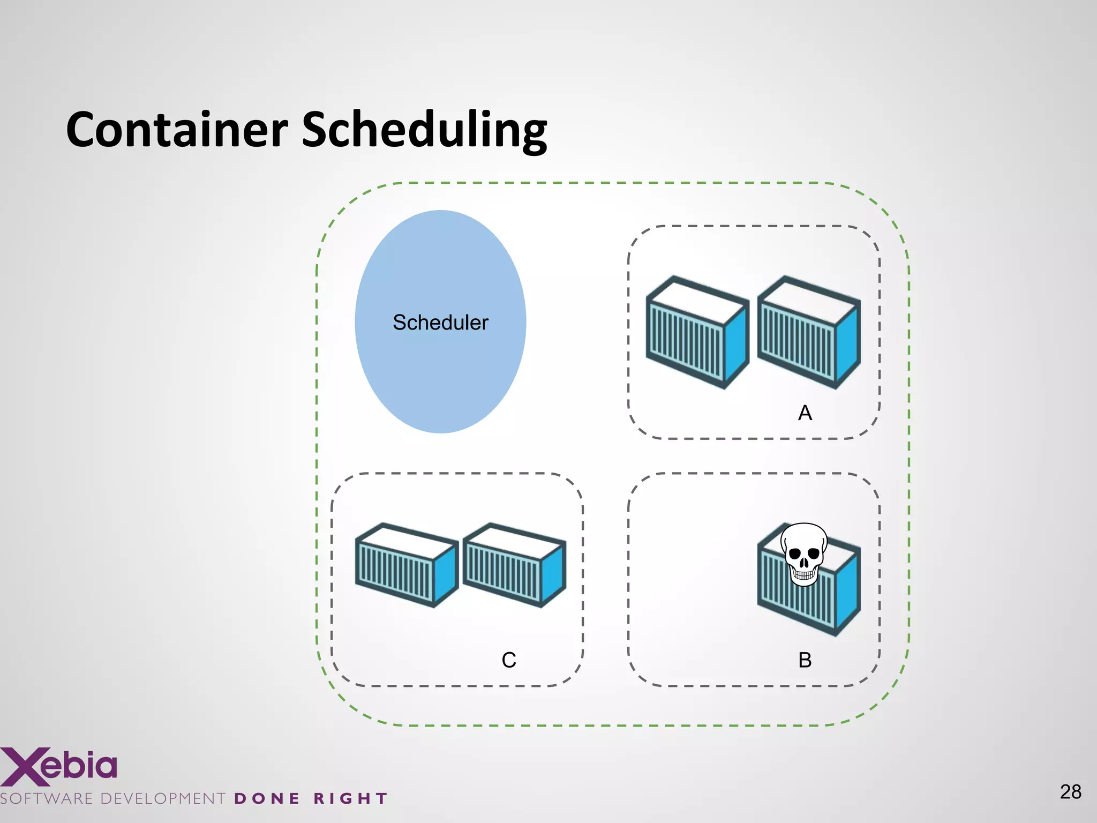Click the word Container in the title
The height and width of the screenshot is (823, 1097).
177,130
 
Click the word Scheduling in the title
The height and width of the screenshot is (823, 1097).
424,131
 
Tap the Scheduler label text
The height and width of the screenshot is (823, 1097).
440,323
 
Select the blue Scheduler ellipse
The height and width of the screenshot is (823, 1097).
440,375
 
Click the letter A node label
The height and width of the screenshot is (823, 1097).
805,413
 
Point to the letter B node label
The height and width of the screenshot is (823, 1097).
805,660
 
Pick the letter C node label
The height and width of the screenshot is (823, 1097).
509,660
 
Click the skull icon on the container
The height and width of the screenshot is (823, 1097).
803,555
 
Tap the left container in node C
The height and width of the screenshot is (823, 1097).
406,565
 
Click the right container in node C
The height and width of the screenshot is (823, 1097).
513,565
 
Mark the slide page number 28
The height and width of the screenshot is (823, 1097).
1070,792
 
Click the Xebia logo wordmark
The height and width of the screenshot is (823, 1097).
59,766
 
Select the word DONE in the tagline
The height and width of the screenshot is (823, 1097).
267,799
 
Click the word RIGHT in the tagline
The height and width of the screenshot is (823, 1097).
350,799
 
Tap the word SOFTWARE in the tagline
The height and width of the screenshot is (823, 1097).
47,799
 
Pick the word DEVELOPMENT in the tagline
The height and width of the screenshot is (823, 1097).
163,799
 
